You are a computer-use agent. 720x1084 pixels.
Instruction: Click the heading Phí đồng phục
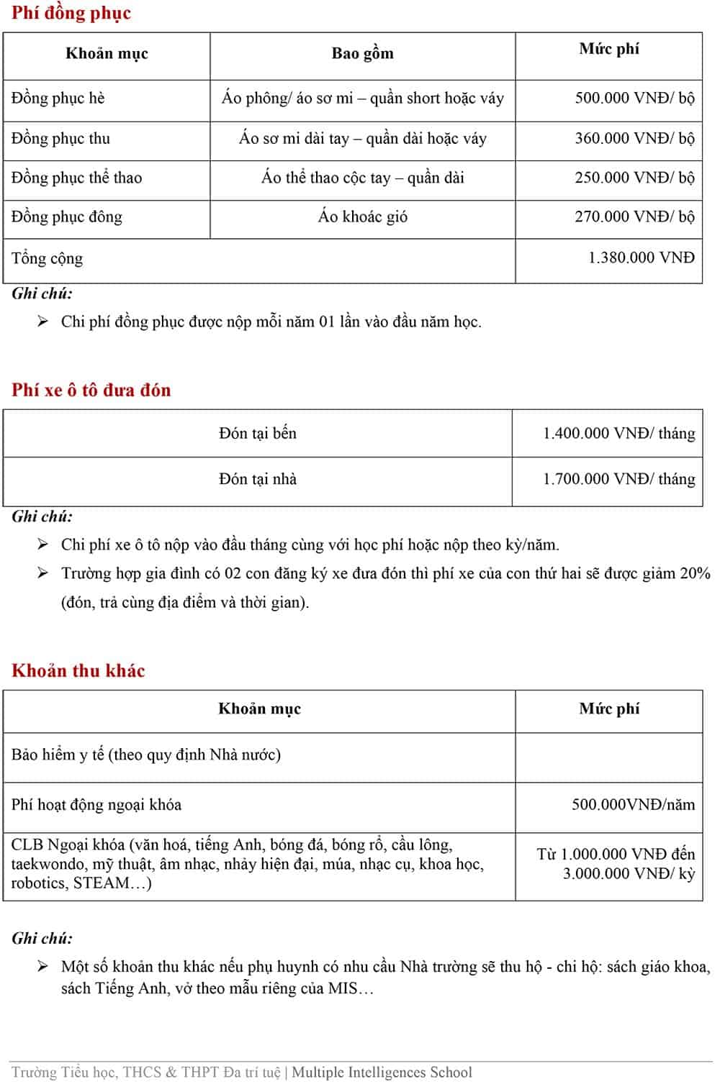point(71,14)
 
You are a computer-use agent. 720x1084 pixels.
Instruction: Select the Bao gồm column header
point(362,53)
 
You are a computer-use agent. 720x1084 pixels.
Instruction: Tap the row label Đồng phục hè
point(58,98)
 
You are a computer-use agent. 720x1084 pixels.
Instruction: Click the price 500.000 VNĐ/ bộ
point(634,98)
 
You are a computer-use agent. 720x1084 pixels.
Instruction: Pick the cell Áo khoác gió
point(362,217)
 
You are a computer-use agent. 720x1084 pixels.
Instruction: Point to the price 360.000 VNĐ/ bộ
point(634,138)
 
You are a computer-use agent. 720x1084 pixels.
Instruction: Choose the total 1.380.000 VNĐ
point(641,258)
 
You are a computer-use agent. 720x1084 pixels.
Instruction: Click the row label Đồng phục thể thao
point(76,178)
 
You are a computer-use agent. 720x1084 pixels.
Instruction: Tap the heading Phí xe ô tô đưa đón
point(91,390)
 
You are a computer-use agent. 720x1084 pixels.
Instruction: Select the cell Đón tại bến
point(258,433)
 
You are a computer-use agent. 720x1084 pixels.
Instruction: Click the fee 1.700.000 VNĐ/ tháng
point(618,479)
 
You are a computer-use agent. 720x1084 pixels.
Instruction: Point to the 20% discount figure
point(695,573)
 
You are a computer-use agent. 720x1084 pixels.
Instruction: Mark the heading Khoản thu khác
point(78,670)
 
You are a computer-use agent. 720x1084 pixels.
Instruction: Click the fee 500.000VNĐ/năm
point(633,804)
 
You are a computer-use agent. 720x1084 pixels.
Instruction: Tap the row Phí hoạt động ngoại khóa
point(96,804)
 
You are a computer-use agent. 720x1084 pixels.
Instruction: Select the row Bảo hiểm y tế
point(145,755)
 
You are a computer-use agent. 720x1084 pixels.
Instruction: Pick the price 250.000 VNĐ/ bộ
point(634,178)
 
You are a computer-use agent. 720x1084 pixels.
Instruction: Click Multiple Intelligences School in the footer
point(382,1072)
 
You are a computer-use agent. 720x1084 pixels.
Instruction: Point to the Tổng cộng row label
point(47,258)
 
